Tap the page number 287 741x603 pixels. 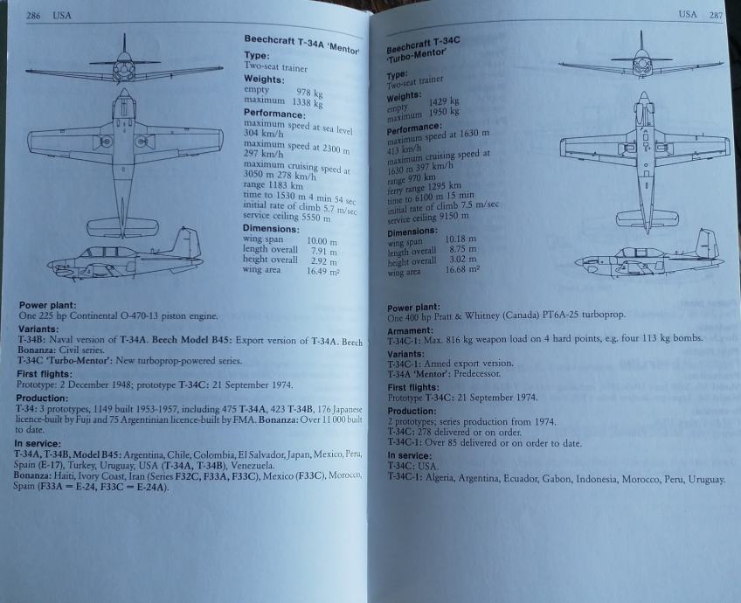[716, 15]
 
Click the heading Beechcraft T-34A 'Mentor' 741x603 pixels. [301, 44]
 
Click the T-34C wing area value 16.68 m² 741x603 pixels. [462, 270]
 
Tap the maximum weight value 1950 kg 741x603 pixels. [444, 113]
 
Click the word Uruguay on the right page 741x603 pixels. [705, 479]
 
